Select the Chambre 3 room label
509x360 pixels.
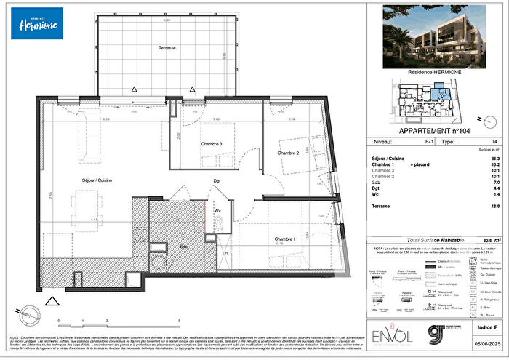tap(212, 143)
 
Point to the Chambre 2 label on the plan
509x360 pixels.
tap(289, 153)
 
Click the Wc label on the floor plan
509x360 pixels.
tap(217, 212)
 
